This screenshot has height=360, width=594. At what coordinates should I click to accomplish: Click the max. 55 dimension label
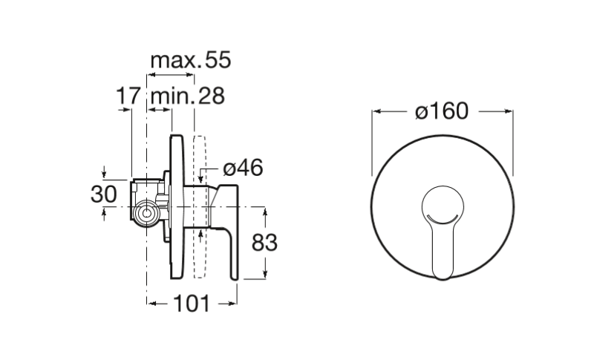click(191, 60)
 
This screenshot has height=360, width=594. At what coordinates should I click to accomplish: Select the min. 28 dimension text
click(188, 96)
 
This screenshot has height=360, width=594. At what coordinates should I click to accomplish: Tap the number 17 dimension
click(128, 96)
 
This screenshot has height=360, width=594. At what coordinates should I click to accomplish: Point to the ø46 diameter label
click(243, 168)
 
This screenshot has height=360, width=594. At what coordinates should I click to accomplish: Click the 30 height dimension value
click(103, 194)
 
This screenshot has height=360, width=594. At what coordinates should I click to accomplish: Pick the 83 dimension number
click(264, 243)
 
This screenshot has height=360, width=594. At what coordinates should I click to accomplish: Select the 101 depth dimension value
click(192, 304)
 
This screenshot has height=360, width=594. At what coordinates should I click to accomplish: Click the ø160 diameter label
click(442, 111)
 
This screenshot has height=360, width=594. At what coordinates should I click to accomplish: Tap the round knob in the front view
click(443, 206)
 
